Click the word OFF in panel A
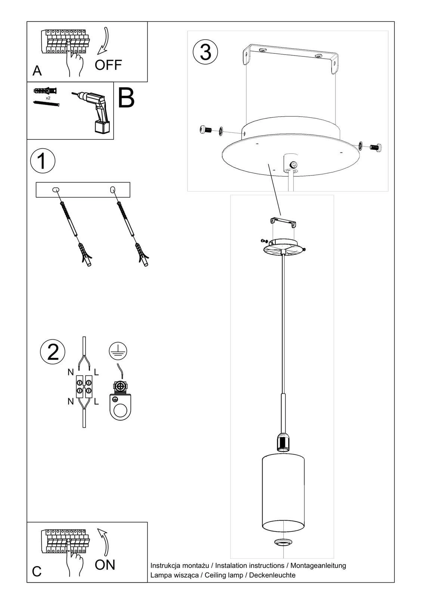coord(108,65)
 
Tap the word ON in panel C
coord(105,565)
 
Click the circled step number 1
coord(43,161)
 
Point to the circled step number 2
coord(53,352)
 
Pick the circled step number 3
coord(205,52)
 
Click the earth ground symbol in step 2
coord(118,351)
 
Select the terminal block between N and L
coord(84,386)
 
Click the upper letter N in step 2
coord(71,372)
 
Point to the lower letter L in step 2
coord(96,402)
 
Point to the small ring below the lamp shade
coord(283,542)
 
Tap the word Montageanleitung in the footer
coord(318,565)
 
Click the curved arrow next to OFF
coord(103,41)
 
